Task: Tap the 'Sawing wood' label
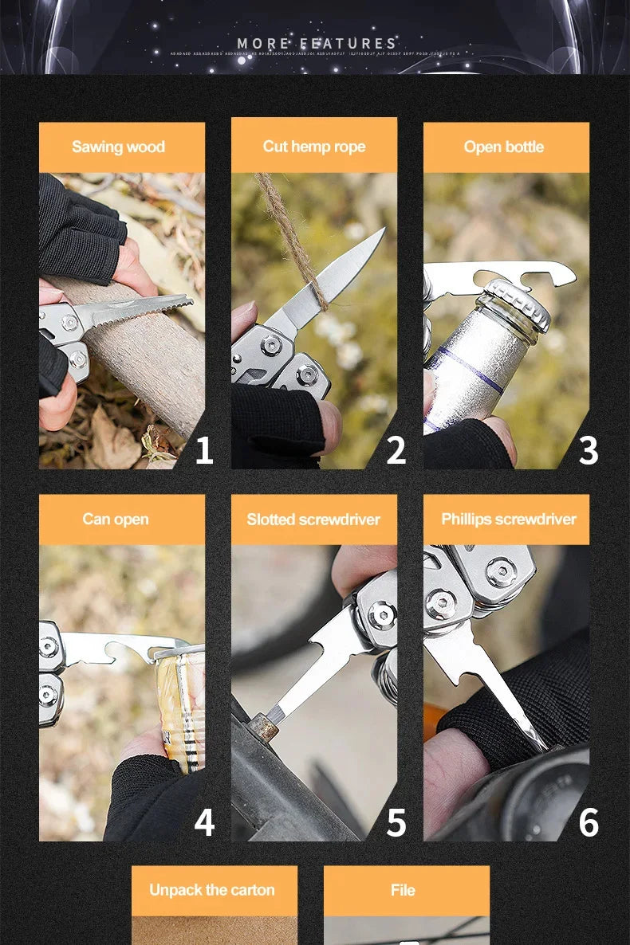click(x=118, y=147)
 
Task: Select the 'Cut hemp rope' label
click(x=314, y=147)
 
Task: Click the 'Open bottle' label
click(x=504, y=147)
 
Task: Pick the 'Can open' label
click(x=116, y=520)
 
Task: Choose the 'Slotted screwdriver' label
click(x=313, y=520)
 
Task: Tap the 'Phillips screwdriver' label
click(x=509, y=520)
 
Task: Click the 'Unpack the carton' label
click(x=212, y=890)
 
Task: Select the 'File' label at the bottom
click(x=404, y=890)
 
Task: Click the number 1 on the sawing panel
click(x=204, y=451)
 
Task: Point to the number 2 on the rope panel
click(x=396, y=451)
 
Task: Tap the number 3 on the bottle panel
click(x=589, y=451)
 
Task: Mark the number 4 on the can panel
click(x=204, y=822)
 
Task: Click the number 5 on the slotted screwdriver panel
click(x=396, y=822)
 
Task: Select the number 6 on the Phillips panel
click(x=589, y=822)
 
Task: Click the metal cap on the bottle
click(x=518, y=304)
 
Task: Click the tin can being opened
click(x=182, y=701)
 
